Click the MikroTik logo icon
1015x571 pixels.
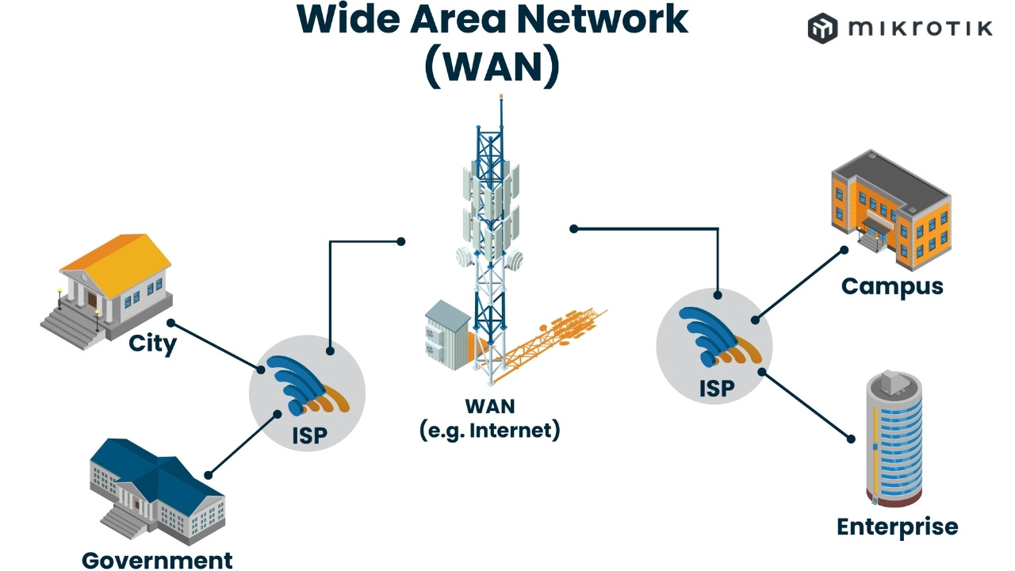tap(822, 29)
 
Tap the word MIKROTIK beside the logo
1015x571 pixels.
tap(920, 29)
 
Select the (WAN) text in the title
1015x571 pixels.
tap(492, 67)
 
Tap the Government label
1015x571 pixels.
tap(157, 560)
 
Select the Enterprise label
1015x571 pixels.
tap(897, 527)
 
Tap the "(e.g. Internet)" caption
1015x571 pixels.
tap(489, 431)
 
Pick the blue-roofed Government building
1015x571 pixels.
tap(155, 488)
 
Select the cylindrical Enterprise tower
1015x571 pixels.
tap(894, 440)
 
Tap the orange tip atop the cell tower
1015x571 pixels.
tap(500, 96)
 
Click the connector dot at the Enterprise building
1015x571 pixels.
tap(851, 438)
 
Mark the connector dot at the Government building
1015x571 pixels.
tap(208, 474)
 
